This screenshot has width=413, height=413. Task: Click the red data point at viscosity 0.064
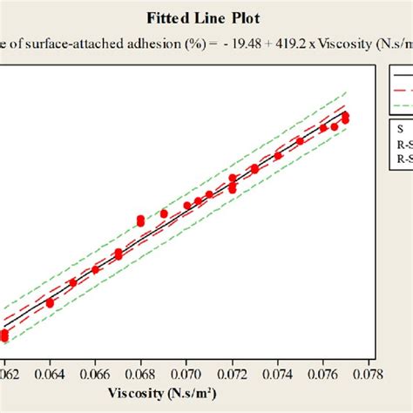click(x=50, y=302)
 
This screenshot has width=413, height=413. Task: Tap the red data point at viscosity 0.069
click(x=164, y=213)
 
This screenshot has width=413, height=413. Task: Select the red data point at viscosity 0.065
click(x=72, y=282)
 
